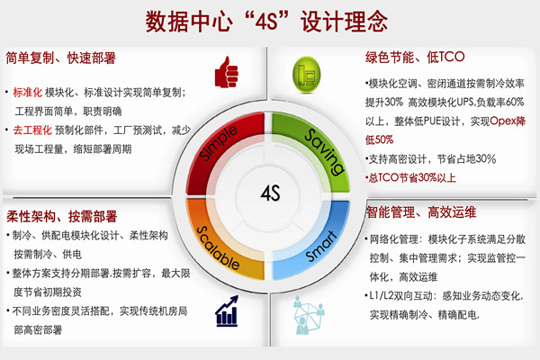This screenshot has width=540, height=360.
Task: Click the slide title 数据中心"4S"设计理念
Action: coord(269,19)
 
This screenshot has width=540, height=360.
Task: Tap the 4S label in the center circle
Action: coord(270,193)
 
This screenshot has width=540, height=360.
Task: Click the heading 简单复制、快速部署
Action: coord(60,60)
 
